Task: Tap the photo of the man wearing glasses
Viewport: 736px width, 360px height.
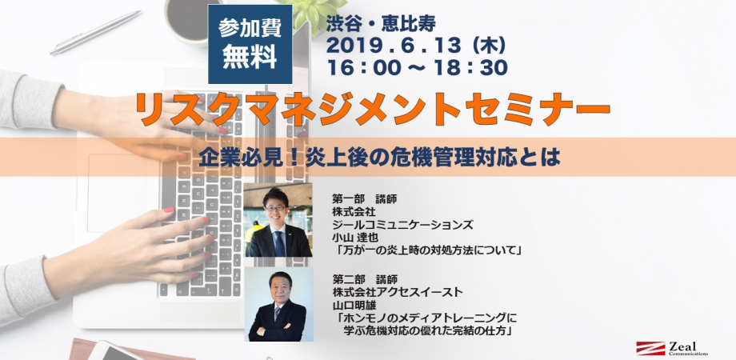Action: [278, 221]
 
